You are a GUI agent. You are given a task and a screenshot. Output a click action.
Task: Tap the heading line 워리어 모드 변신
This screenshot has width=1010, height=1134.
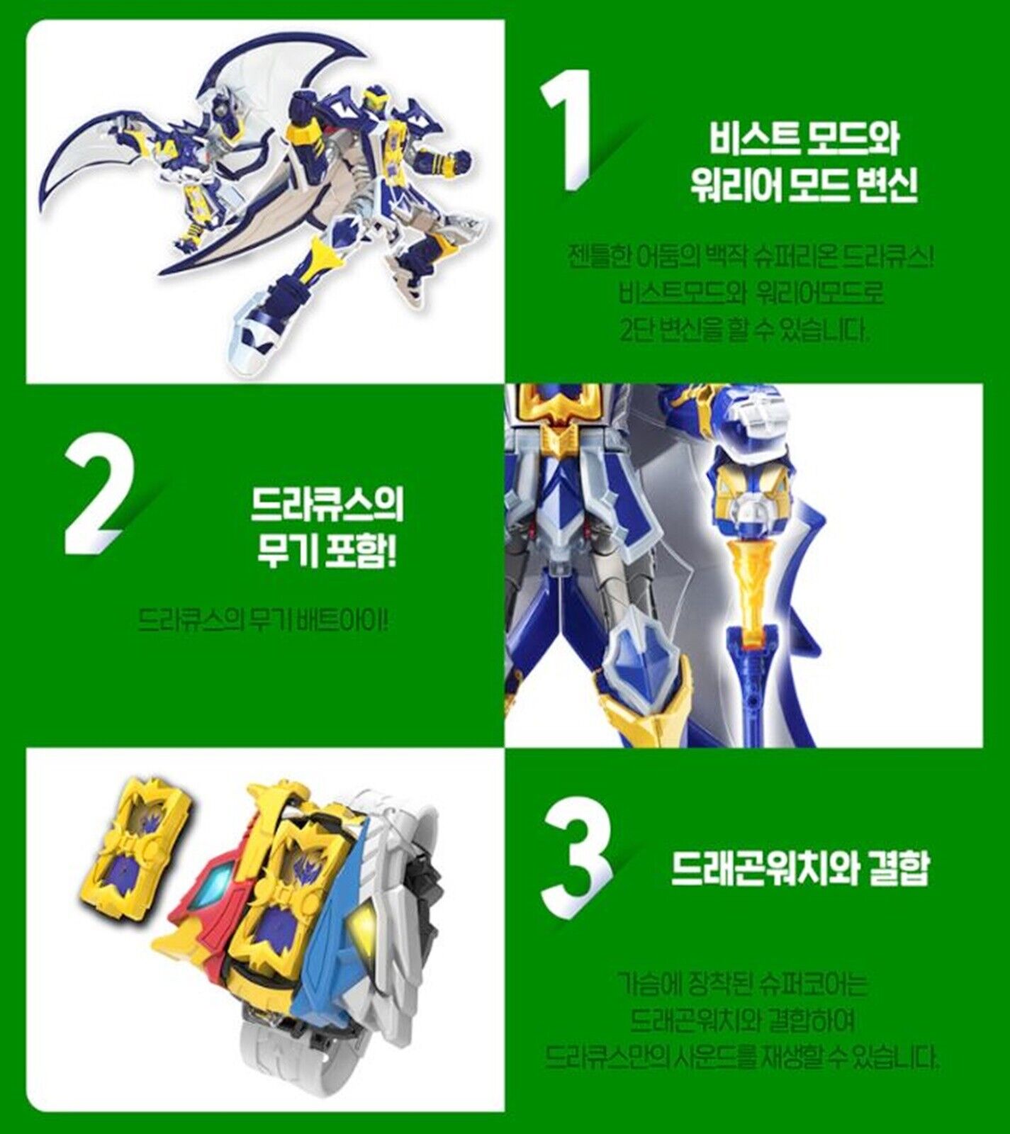pos(803,186)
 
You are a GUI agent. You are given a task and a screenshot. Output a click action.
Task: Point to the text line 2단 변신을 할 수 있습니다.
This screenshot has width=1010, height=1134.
pos(744,330)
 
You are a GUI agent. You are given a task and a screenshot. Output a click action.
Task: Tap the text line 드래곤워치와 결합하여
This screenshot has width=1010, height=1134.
pos(742,1021)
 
